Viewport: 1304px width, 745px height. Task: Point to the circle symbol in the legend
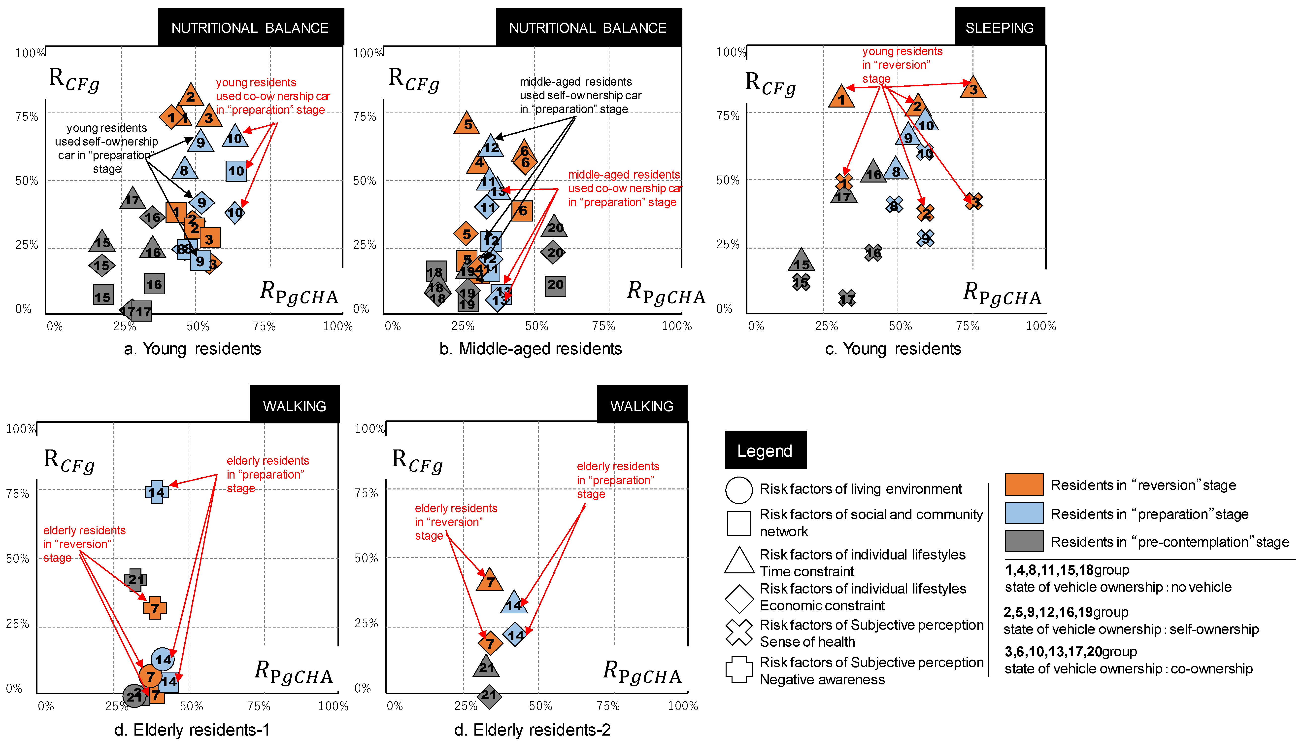click(x=739, y=490)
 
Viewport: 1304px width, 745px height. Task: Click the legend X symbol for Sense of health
click(x=739, y=633)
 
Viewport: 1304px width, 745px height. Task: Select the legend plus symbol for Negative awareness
click(x=739, y=670)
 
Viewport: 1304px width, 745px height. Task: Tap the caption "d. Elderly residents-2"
click(x=532, y=730)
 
